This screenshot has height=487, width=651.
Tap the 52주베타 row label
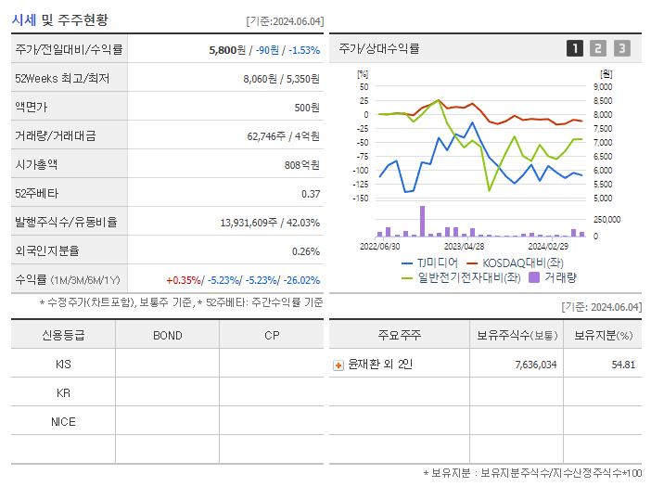(x=33, y=194)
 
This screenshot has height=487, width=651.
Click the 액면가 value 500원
(x=306, y=108)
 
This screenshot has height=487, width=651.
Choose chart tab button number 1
(x=575, y=49)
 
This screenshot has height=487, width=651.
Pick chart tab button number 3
(x=621, y=49)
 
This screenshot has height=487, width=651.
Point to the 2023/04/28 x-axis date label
(x=464, y=247)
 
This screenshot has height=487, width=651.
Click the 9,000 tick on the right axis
(x=603, y=87)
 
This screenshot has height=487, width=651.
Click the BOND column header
(x=167, y=336)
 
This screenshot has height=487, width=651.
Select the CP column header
(x=271, y=336)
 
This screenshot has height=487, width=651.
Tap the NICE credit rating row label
(x=63, y=422)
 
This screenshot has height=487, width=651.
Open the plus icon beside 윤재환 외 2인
(x=338, y=365)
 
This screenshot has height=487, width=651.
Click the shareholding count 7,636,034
(x=535, y=365)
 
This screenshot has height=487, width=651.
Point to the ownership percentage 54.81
(x=623, y=365)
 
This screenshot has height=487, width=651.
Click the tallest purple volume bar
(x=422, y=222)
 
